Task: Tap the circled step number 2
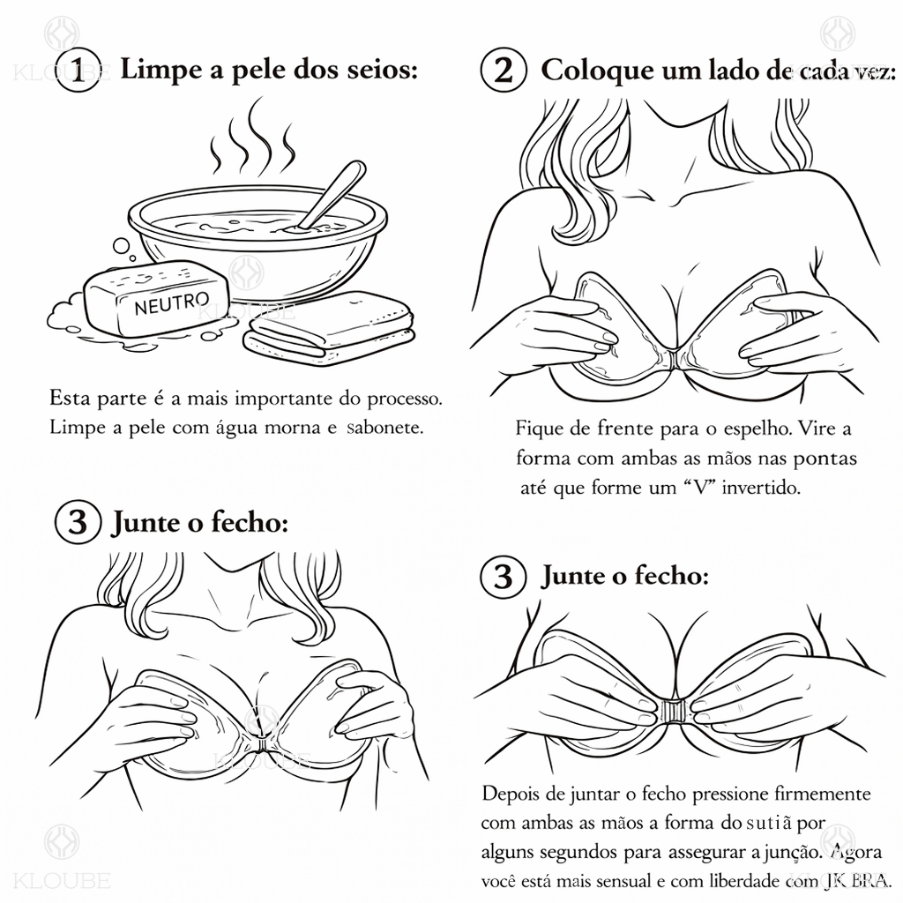[503, 71]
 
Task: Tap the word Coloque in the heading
[597, 71]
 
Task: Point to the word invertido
[760, 488]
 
